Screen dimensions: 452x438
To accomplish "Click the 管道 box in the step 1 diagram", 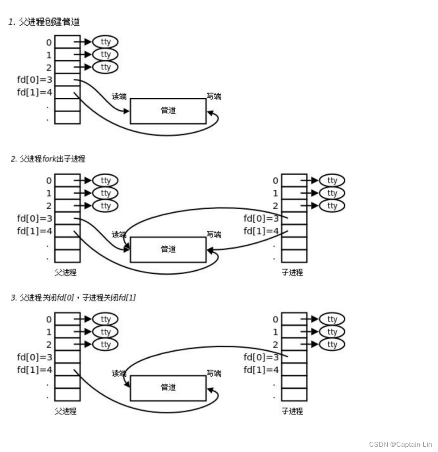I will click(168, 111).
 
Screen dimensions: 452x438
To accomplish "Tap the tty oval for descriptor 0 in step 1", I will click(105, 42).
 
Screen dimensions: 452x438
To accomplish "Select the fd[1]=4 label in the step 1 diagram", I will click(34, 92).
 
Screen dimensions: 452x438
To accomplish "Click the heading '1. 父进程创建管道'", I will click(44, 22).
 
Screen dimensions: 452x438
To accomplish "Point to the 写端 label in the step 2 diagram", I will click(214, 235).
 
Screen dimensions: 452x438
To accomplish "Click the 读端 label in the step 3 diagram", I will click(119, 373).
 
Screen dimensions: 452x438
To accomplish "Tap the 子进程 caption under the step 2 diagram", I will click(292, 272).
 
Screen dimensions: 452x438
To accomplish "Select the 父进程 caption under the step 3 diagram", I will click(66, 411).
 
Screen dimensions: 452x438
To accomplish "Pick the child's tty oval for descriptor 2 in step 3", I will click(332, 344).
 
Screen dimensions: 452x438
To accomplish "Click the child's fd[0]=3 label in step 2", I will click(261, 218).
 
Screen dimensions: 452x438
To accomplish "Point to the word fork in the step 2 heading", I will click(50, 159).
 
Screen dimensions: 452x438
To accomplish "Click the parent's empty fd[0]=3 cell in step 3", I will click(67, 357).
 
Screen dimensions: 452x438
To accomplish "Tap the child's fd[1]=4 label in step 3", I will click(261, 370).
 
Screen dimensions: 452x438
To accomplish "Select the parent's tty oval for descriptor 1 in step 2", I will click(105, 193).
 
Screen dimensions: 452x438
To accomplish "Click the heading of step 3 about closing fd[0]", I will click(73, 297).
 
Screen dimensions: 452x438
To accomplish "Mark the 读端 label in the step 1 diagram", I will click(119, 96).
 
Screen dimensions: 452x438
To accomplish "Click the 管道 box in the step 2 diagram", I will click(168, 249).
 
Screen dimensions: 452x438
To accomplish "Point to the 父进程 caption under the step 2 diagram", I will click(66, 272).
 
